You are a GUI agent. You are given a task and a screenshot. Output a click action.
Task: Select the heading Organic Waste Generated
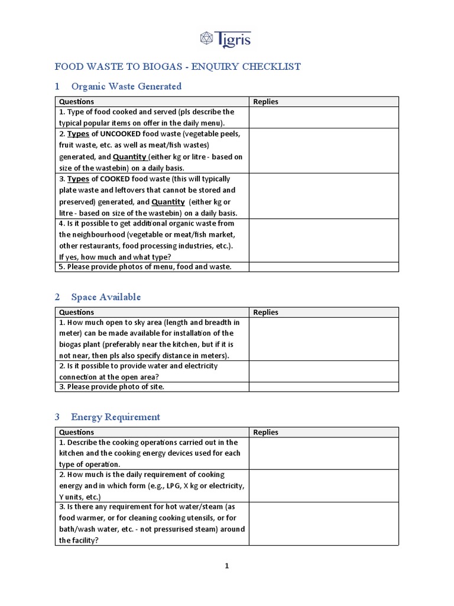[x=126, y=86]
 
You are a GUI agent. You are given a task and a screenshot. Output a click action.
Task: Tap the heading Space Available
[x=106, y=297]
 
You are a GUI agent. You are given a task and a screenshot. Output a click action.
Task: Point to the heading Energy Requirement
[x=115, y=417]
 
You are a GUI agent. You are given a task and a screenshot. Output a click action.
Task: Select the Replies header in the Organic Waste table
[x=265, y=102]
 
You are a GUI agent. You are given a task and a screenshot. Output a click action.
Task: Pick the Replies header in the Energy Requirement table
[x=265, y=433]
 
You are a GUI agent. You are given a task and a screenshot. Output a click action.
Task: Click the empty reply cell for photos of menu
[x=323, y=267]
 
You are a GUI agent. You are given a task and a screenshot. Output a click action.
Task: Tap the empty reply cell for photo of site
[x=323, y=387]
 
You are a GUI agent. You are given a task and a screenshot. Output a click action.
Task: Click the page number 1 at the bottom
[x=226, y=566]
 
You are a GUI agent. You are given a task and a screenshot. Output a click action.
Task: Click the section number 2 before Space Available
[x=57, y=297]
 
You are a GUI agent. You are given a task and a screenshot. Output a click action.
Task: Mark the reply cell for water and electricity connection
[x=323, y=371]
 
